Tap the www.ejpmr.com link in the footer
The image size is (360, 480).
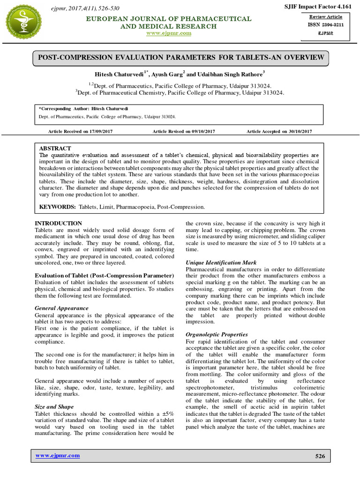tap(58, 456)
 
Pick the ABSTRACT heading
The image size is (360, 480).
tap(55, 148)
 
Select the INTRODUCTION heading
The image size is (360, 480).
tap(59, 223)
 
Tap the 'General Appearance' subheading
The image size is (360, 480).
tap(62, 308)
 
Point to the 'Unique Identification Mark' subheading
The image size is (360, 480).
tap(221, 262)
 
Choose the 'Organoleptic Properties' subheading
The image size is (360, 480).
tap(217, 335)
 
